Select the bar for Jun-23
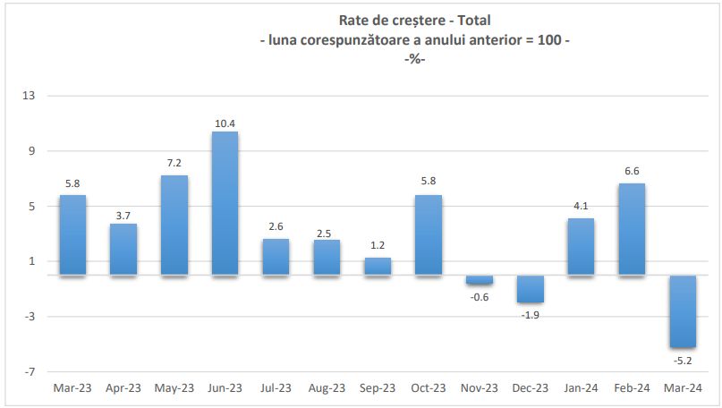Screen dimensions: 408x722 [225, 203]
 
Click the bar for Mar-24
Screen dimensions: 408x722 [683, 311]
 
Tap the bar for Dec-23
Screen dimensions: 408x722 [530, 289]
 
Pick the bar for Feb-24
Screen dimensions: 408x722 [632, 229]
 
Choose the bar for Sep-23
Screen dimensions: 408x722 [378, 266]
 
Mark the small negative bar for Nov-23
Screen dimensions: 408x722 [480, 280]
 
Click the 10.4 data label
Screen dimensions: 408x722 [225, 123]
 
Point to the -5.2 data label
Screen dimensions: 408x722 [683, 361]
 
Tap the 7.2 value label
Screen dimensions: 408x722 [174, 164]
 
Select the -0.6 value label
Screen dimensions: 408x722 [480, 297]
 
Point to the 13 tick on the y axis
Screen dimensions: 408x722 [28, 96]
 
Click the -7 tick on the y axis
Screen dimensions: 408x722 [28, 371]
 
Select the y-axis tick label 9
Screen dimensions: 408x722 [30, 151]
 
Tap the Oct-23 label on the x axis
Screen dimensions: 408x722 [429, 387]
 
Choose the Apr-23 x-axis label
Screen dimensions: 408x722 [123, 387]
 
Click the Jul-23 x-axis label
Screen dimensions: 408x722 [276, 387]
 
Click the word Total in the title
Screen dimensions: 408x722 [474, 20]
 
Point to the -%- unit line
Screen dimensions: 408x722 [414, 59]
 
